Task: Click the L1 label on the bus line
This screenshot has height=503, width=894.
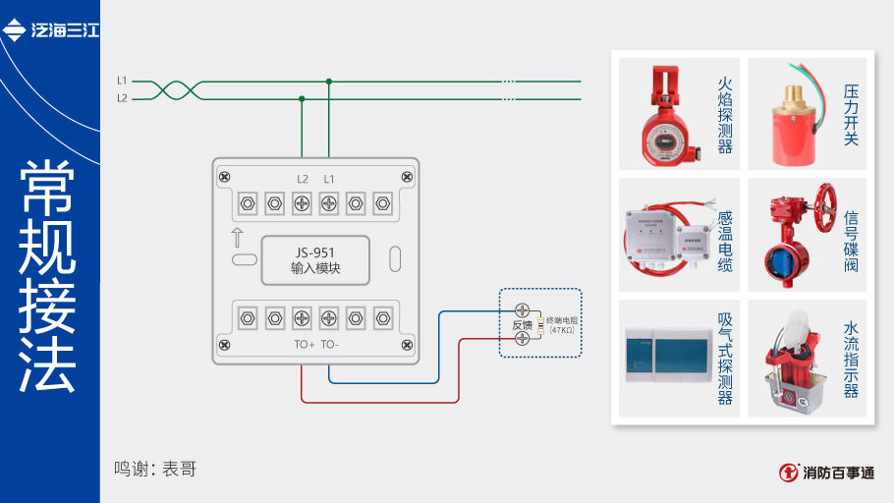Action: click(x=122, y=80)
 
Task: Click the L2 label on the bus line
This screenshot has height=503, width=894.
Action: click(x=122, y=98)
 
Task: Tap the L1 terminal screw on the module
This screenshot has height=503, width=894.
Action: click(x=329, y=203)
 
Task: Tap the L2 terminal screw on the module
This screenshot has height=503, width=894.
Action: click(x=303, y=203)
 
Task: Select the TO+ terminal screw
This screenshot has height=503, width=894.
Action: click(x=303, y=317)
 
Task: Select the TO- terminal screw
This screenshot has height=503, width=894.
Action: click(x=329, y=317)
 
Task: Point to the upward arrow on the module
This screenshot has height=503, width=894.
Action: click(x=237, y=237)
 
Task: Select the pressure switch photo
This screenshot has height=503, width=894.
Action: click(x=792, y=114)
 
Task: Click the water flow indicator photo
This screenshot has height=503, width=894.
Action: click(x=792, y=359)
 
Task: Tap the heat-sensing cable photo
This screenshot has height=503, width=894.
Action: click(x=664, y=236)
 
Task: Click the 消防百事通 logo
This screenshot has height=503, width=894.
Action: click(x=827, y=473)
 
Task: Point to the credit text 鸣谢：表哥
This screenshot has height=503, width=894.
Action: click(x=155, y=469)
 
